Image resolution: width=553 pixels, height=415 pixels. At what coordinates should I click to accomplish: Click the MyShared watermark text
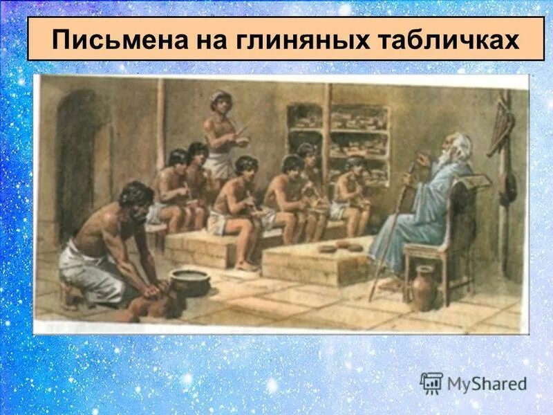pyautogui.click(x=487, y=383)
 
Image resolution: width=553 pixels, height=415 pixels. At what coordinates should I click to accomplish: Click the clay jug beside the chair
pyautogui.click(x=424, y=288)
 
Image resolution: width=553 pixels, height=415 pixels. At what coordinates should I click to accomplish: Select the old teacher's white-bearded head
pyautogui.click(x=456, y=149)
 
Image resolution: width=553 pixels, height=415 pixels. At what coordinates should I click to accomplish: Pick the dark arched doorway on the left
pyautogui.click(x=76, y=166)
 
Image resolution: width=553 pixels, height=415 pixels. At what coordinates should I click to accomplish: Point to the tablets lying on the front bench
pyautogui.click(x=341, y=246)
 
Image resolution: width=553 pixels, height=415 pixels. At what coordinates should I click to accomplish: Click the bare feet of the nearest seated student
pyautogui.click(x=245, y=264)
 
